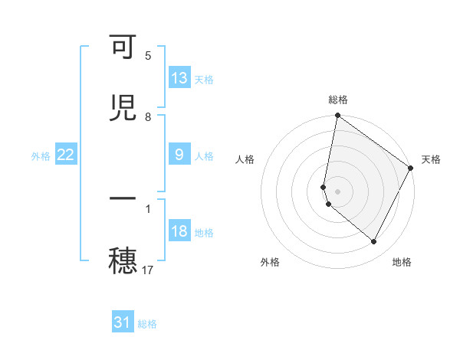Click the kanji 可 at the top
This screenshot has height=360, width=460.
pyautogui.click(x=123, y=48)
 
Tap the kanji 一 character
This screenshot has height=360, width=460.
pyautogui.click(x=123, y=198)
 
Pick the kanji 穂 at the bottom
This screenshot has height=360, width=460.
pyautogui.click(x=123, y=260)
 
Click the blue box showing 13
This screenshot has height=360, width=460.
pyautogui.click(x=179, y=78)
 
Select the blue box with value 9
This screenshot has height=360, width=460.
pyautogui.click(x=179, y=155)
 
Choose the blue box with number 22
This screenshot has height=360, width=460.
pyautogui.click(x=66, y=155)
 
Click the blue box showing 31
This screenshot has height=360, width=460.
pyautogui.click(x=123, y=322)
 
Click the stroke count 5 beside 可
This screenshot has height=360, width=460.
pyautogui.click(x=148, y=56)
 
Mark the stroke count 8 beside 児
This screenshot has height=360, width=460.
pyautogui.click(x=148, y=116)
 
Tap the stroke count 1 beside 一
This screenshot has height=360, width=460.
pyautogui.click(x=148, y=208)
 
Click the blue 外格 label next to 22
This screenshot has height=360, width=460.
pyautogui.click(x=41, y=155)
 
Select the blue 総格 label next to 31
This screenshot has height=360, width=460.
pyautogui.click(x=147, y=324)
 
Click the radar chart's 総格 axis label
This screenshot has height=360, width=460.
pyautogui.click(x=338, y=100)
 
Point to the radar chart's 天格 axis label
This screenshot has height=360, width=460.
pyautogui.click(x=431, y=159)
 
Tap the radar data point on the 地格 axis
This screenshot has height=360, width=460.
pyautogui.click(x=374, y=242)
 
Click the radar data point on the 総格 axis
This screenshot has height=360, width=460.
pyautogui.click(x=337, y=116)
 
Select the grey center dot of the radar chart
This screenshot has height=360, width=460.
pyautogui.click(x=337, y=191)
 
